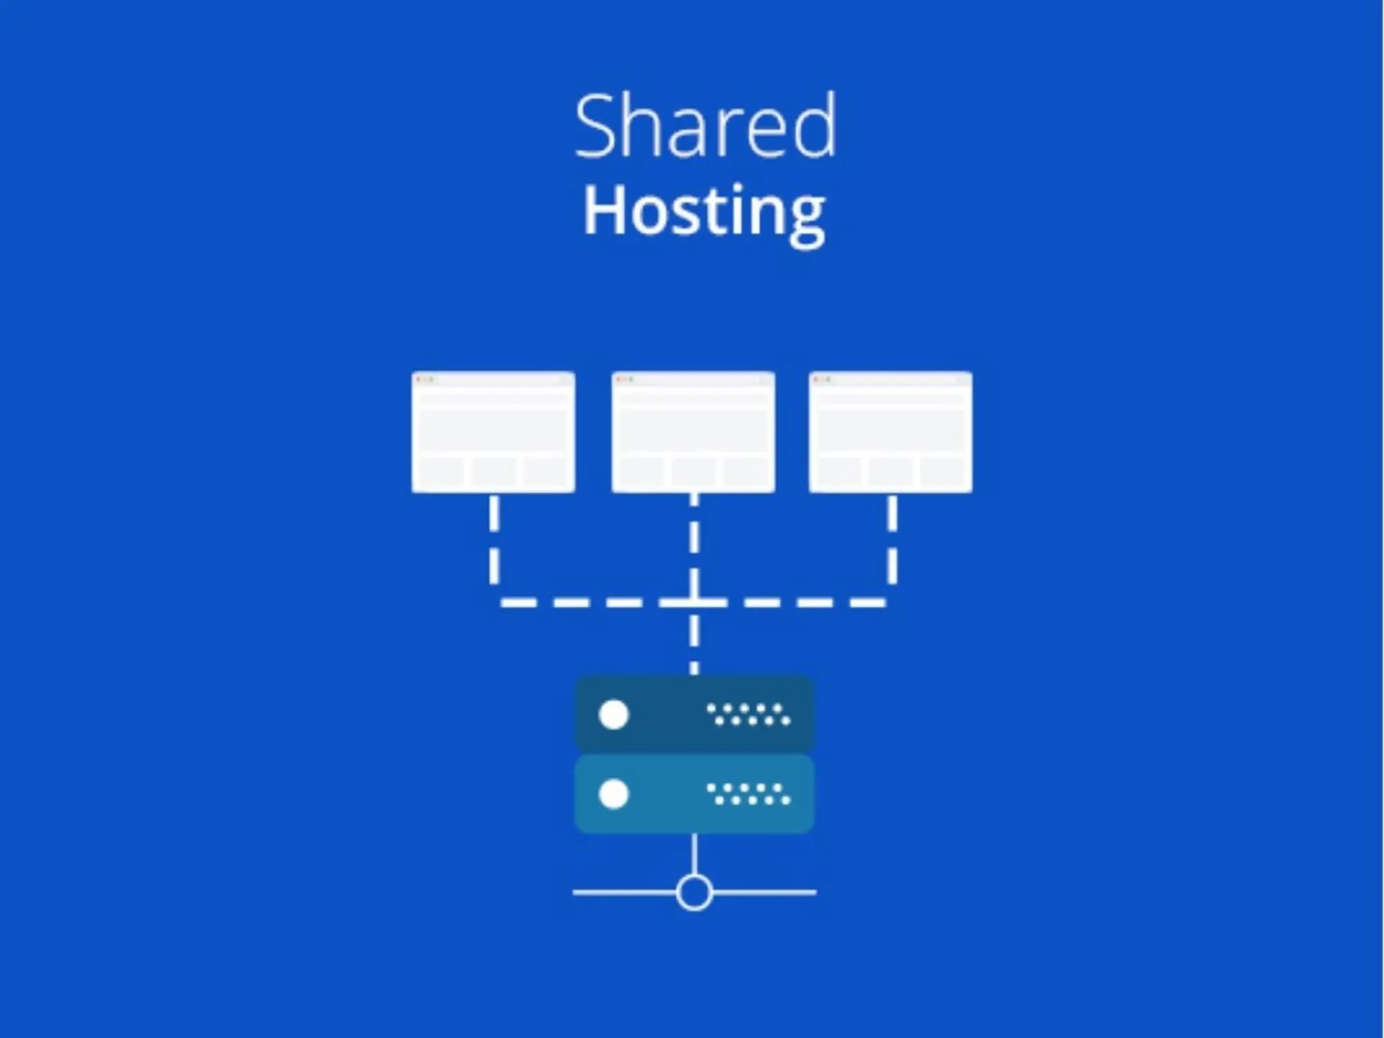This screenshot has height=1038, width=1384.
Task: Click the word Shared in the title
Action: click(705, 127)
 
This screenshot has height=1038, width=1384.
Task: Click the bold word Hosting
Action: click(704, 211)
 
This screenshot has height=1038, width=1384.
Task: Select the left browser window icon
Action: click(493, 432)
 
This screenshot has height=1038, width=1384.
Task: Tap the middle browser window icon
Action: click(693, 432)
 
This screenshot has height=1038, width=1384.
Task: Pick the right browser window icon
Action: click(891, 432)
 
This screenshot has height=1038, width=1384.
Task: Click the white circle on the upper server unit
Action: click(613, 715)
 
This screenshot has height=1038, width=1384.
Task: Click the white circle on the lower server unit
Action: click(613, 794)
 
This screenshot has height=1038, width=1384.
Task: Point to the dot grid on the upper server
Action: click(748, 715)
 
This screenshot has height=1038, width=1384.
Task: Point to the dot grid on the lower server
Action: click(748, 794)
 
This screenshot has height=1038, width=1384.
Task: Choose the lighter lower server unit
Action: click(664, 794)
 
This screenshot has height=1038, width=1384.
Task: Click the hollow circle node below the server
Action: click(694, 893)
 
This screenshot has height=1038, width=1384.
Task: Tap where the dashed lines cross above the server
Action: click(694, 603)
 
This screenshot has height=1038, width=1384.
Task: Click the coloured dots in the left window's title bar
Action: click(424, 379)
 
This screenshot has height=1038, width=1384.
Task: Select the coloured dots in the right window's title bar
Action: click(821, 379)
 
